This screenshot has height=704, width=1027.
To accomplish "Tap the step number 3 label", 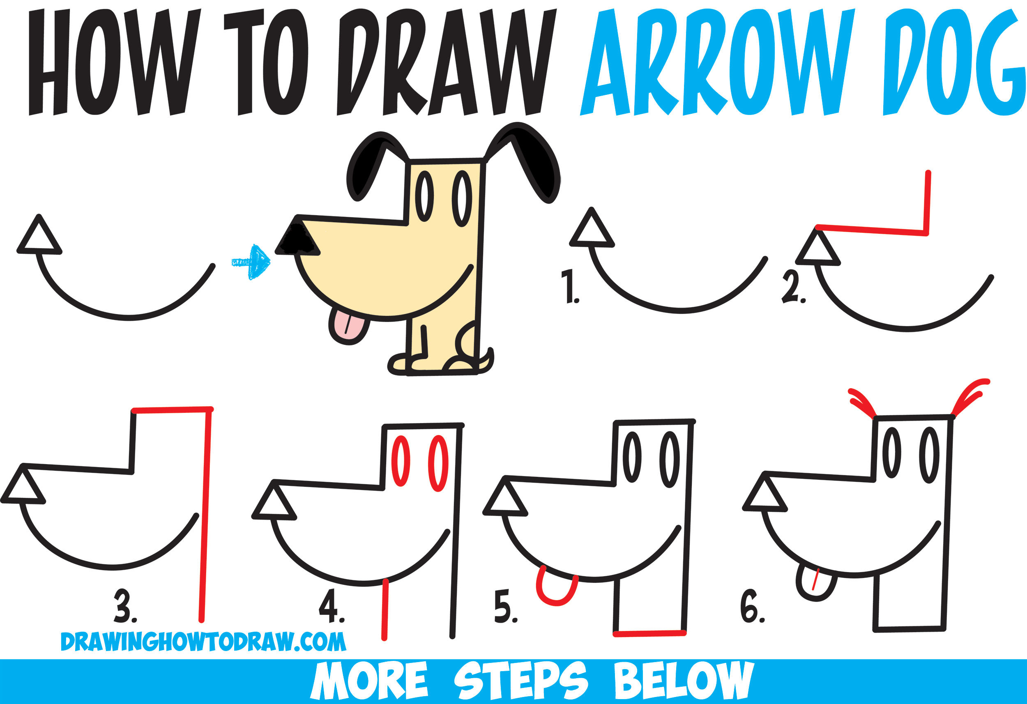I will [x=124, y=606].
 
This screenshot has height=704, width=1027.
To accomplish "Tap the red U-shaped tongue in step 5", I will [x=556, y=590].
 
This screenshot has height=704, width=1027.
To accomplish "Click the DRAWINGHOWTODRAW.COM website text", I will [x=203, y=642].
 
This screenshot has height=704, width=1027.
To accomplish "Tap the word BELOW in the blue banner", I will [x=683, y=681].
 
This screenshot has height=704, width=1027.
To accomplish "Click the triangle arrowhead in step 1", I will [x=592, y=230].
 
